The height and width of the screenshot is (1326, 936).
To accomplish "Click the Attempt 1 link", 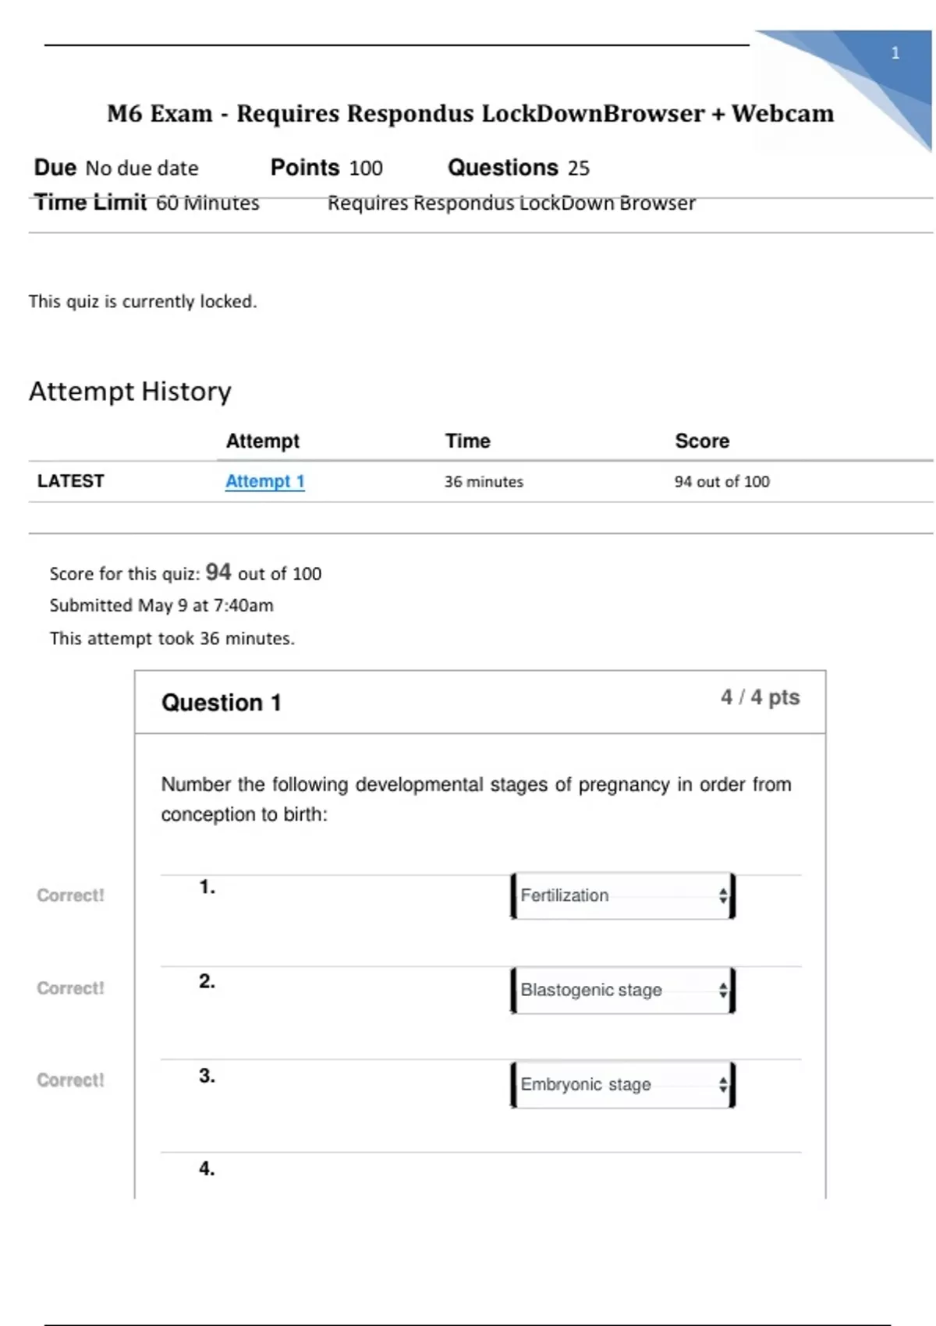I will pos(264,481).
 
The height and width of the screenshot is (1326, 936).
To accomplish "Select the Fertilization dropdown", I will pos(622,895).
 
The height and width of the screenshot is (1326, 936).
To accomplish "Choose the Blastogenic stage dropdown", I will pos(622,990).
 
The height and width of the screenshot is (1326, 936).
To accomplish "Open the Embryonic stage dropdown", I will pos(622,1084).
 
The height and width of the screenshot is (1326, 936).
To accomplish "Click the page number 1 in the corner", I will pos(895,53).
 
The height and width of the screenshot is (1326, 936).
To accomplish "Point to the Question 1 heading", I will pos(221,703).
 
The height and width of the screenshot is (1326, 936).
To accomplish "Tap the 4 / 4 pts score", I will pos(760,697).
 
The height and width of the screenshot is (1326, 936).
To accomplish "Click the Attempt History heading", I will pos(130,391).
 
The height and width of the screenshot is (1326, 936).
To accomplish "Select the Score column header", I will pos(702,441).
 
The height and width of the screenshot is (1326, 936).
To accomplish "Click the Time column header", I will pos(467,441).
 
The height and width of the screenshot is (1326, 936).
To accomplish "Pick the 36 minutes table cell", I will pos(484,482).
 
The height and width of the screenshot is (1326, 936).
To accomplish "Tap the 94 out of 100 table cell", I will pos(721,482).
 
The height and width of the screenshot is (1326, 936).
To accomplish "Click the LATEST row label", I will pos(70,481).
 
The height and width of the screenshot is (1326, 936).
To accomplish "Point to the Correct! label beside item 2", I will pos(70,988).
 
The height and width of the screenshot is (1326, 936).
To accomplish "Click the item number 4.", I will pos(207,1168).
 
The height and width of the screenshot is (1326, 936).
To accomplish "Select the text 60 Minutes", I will pos(207,203).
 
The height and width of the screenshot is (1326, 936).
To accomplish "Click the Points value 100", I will pos(366,168).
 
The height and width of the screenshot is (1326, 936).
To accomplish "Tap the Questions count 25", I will pos(579,168).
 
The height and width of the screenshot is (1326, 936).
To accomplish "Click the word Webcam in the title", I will pos(782,114).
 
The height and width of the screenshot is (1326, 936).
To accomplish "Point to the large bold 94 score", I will pos(218,573).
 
